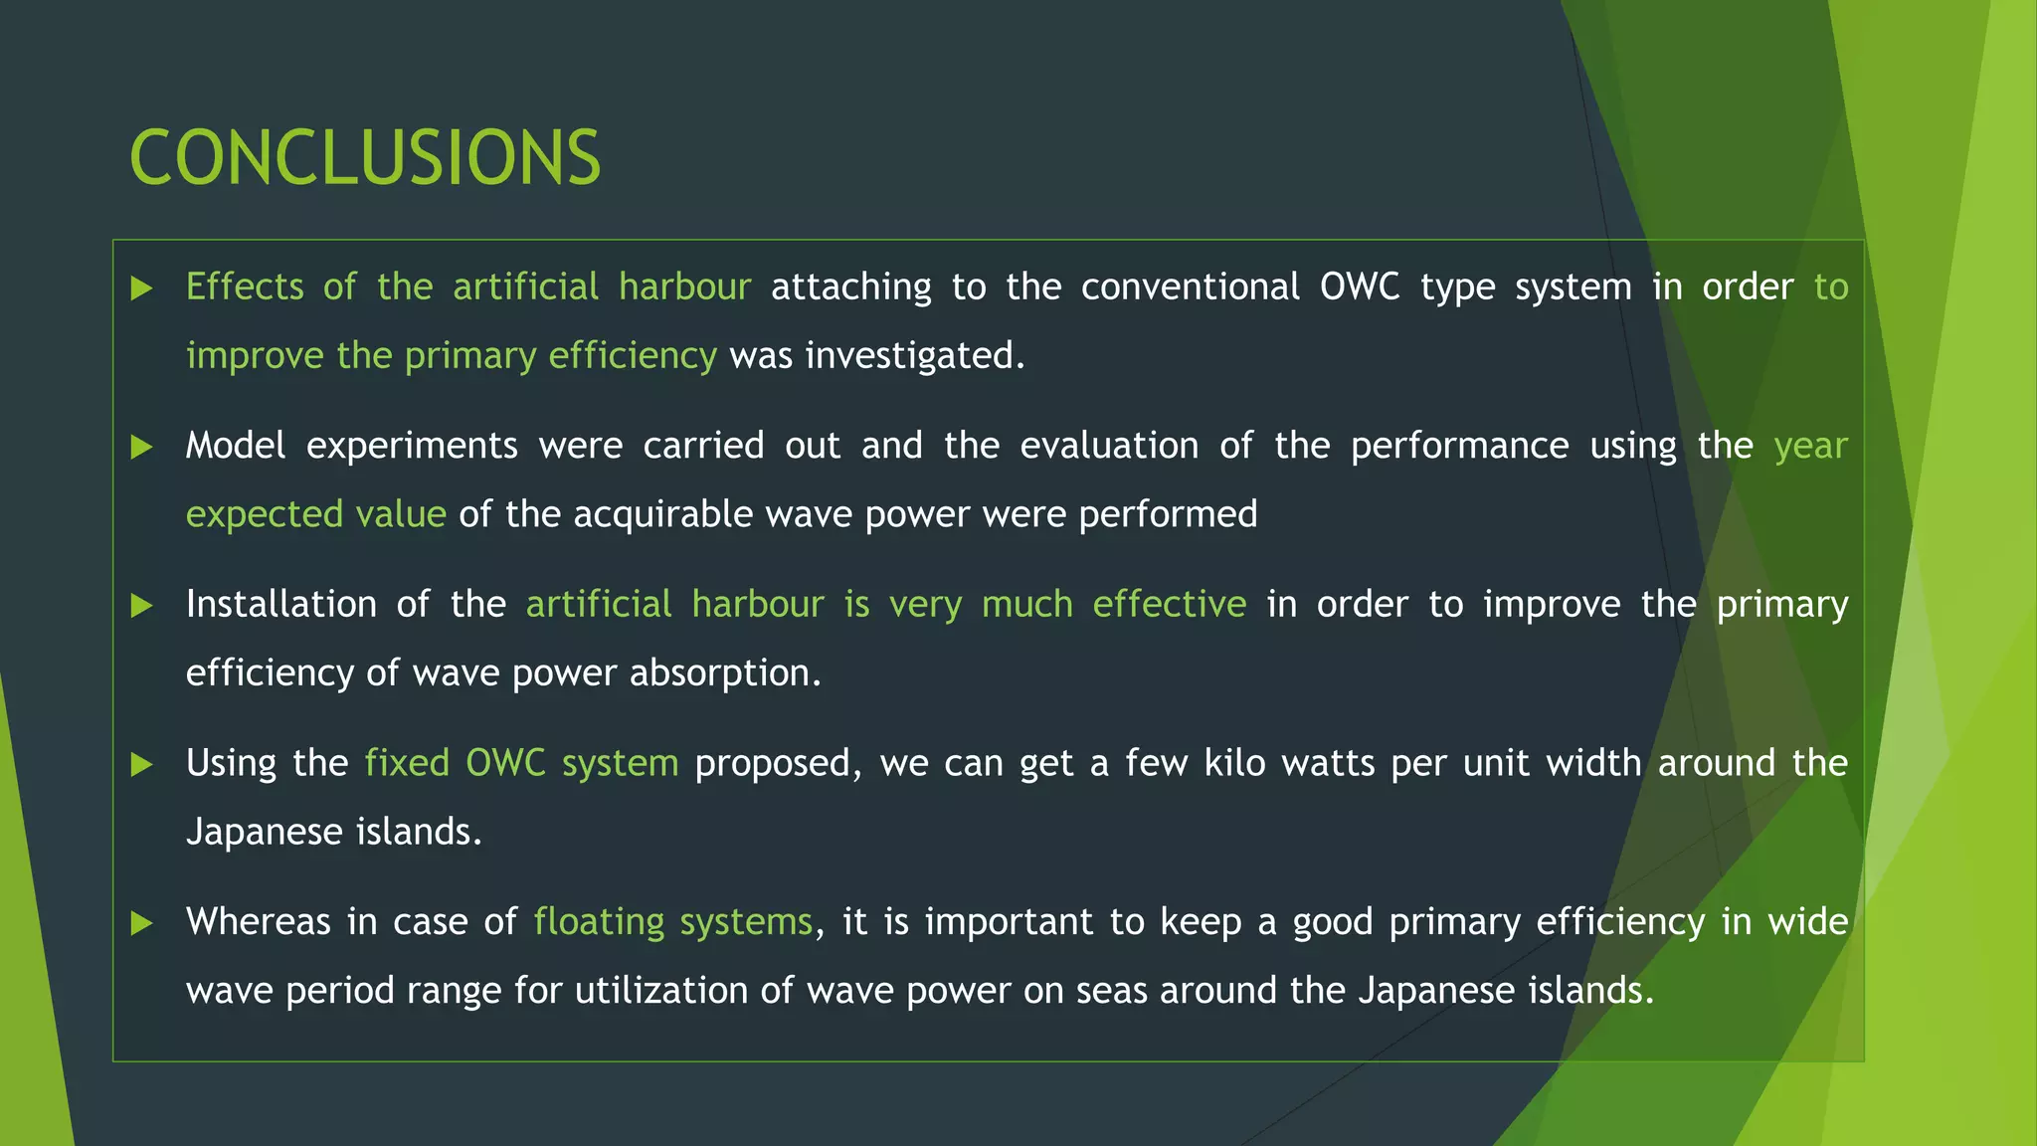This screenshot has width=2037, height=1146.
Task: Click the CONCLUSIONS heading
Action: click(x=365, y=158)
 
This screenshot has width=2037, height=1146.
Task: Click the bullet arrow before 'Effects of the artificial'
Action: click(x=142, y=288)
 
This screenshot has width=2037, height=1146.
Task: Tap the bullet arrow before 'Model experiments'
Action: click(x=142, y=447)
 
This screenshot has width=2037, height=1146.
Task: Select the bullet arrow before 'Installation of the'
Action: click(x=142, y=606)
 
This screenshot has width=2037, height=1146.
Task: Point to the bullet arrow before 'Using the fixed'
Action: click(x=142, y=764)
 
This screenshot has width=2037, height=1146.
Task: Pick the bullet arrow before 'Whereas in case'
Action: click(x=142, y=923)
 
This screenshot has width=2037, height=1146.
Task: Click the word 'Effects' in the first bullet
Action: click(x=245, y=286)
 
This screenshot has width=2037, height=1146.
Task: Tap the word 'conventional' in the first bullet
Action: click(x=1190, y=286)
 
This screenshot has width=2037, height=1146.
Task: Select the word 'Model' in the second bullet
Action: click(x=235, y=446)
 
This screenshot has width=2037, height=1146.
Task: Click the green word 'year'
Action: click(x=1810, y=446)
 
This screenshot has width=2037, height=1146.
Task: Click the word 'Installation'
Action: click(x=281, y=604)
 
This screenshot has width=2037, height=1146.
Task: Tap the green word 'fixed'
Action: click(x=407, y=763)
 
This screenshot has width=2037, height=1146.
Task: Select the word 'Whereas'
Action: click(x=258, y=921)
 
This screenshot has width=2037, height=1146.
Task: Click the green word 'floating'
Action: click(x=598, y=921)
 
